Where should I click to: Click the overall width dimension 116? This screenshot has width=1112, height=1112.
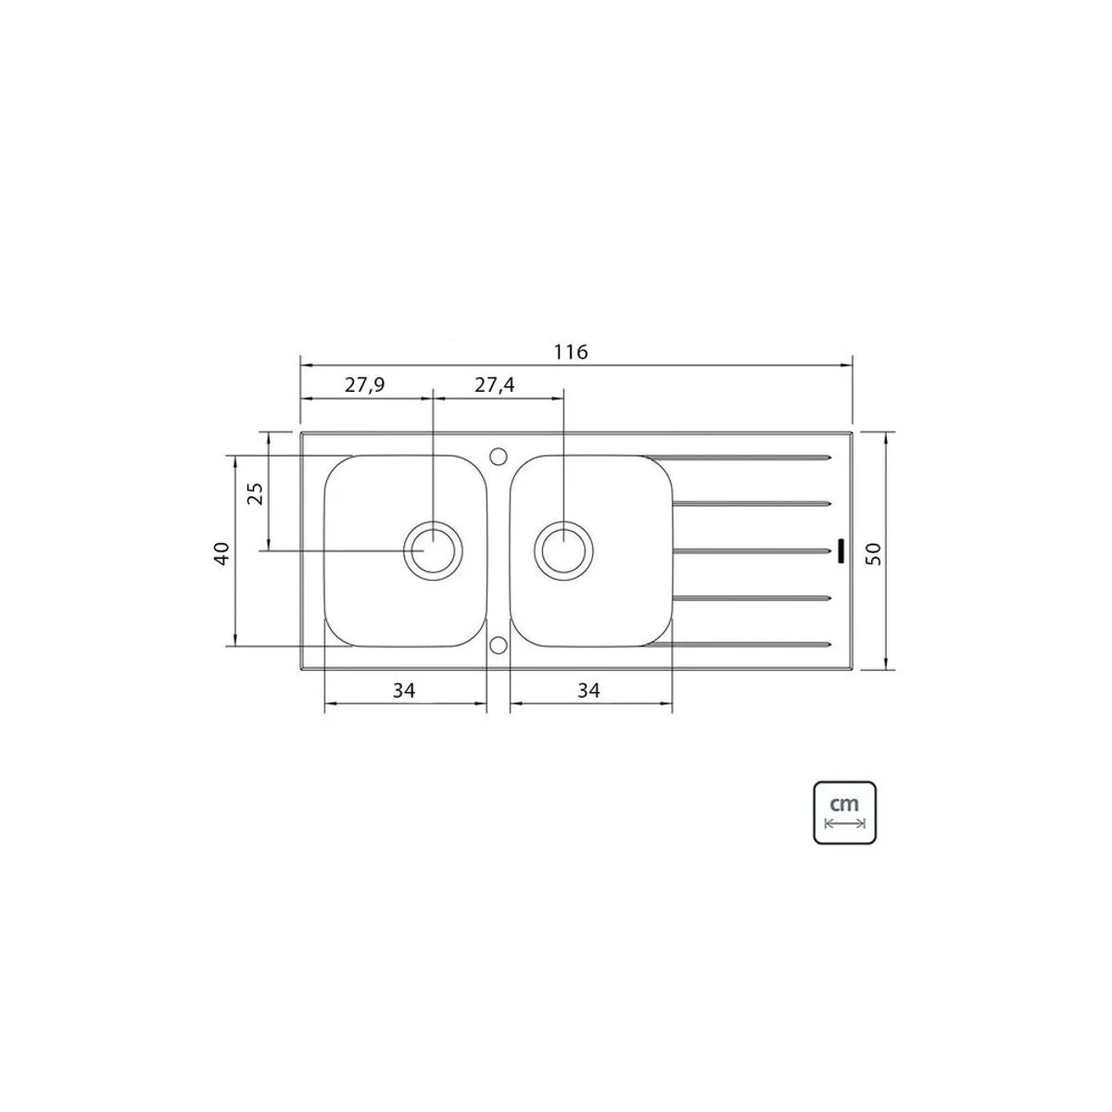(571, 351)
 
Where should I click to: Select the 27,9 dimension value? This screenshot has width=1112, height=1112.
(365, 385)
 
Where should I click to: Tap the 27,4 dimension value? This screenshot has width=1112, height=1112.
(495, 385)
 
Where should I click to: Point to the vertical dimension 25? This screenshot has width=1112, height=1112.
(255, 493)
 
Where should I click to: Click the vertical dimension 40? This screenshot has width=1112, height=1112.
(222, 553)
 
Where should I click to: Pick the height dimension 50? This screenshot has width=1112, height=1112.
(874, 554)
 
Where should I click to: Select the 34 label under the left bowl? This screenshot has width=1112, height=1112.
(404, 690)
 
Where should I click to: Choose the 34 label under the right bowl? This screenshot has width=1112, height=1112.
(588, 690)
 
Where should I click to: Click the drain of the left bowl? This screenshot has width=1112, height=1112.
(433, 550)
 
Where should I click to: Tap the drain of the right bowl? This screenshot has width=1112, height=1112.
(563, 550)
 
